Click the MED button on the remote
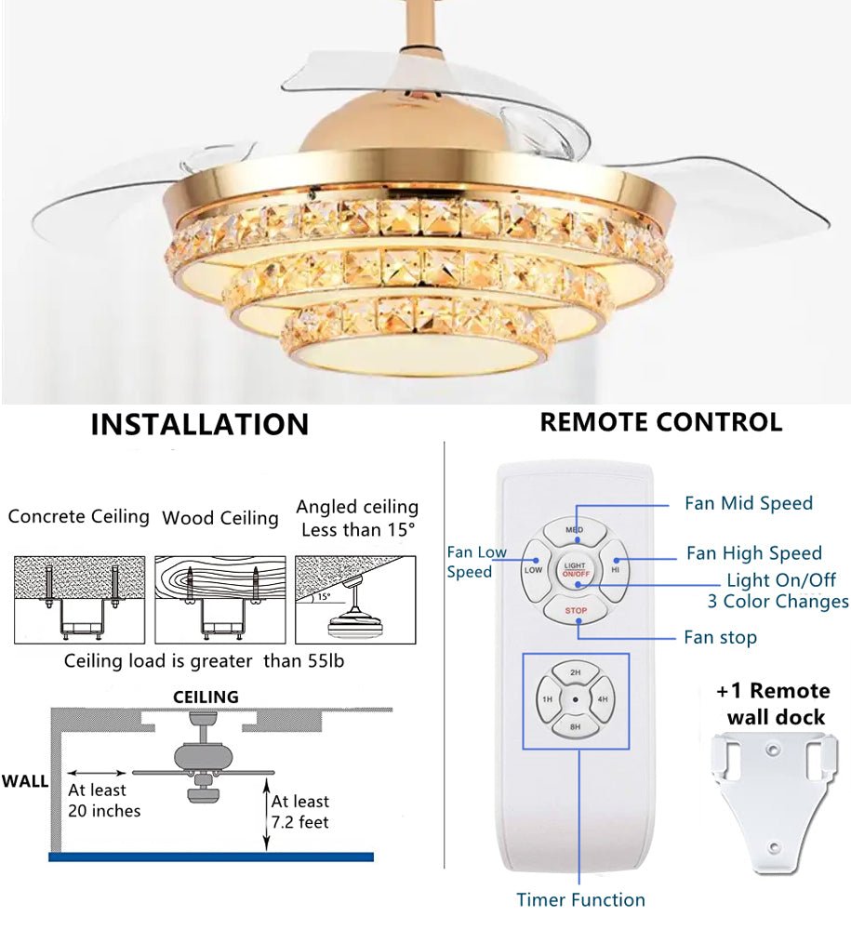coord(576,531)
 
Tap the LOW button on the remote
coord(534,570)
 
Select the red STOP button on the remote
coord(576,611)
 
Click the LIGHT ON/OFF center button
coord(576,570)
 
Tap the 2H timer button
coord(576,672)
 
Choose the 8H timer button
coord(576,725)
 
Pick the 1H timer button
coord(548,699)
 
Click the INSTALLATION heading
coord(199,424)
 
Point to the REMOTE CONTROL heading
coord(660,422)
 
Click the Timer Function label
coord(580,899)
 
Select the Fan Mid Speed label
coord(749,503)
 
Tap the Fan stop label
coord(720,637)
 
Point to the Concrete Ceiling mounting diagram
coord(79,600)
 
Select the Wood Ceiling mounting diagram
coord(220,600)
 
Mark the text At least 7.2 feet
coord(299,811)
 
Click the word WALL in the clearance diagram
coord(25,780)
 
